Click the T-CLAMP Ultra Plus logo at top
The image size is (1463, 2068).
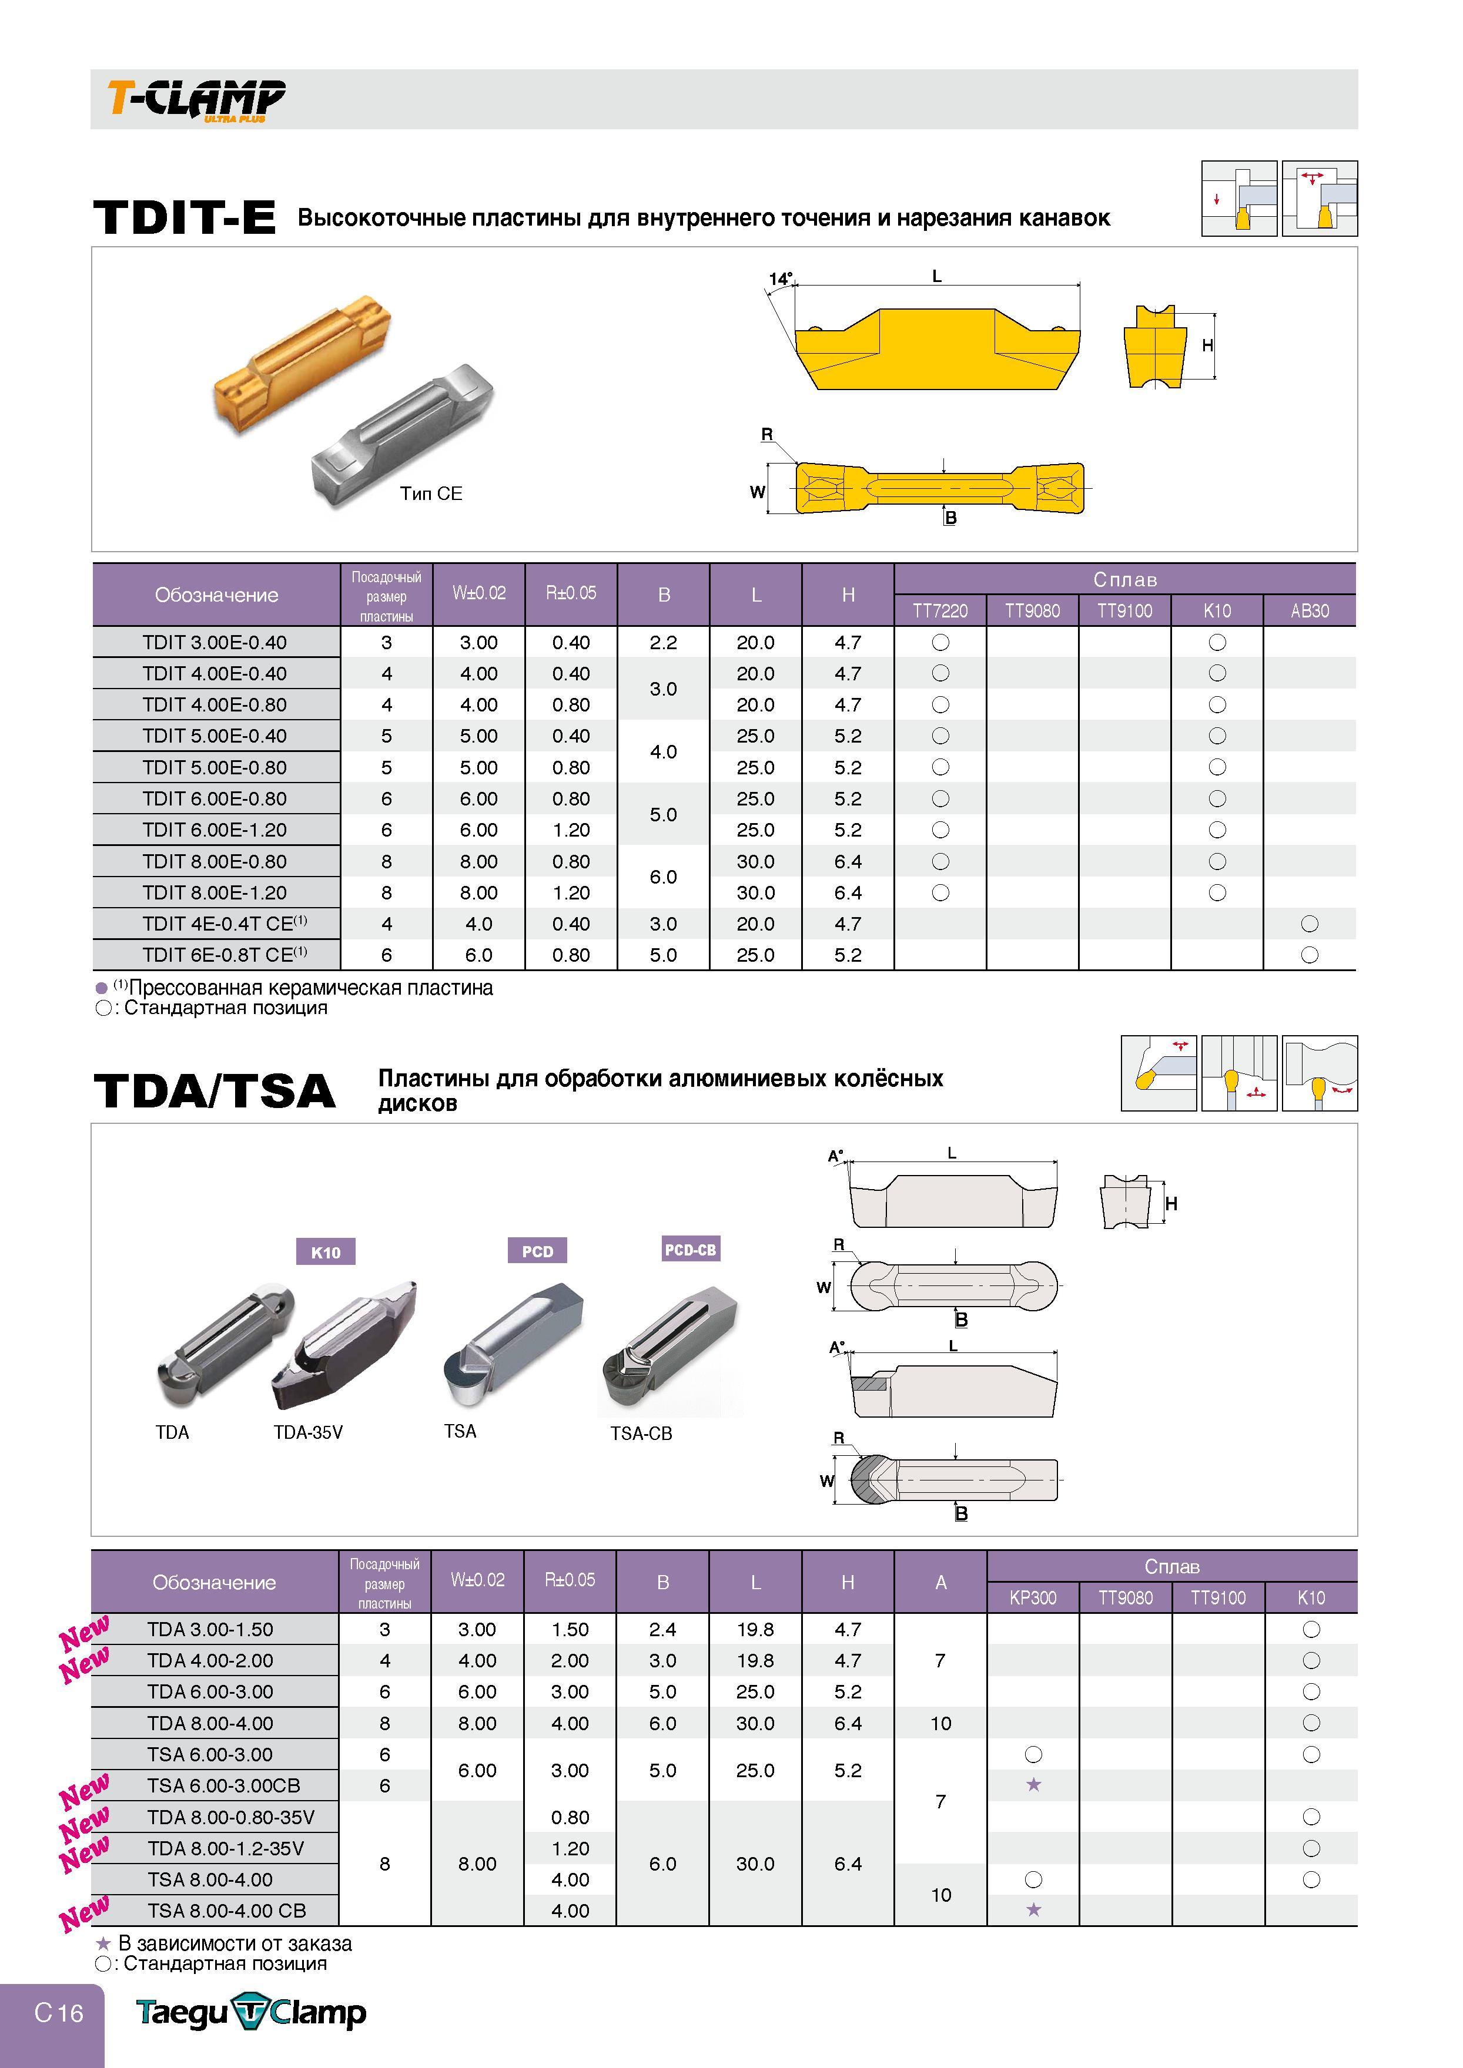click(196, 99)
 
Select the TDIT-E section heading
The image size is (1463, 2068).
click(185, 217)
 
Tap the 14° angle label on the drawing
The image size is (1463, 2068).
click(780, 278)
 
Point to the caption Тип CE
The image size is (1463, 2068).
click(431, 493)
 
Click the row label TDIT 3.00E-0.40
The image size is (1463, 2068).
click(215, 642)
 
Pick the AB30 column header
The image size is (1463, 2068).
click(1310, 610)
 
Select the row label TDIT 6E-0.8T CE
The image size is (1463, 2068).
click(225, 954)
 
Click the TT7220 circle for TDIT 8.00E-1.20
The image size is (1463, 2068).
click(940, 892)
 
